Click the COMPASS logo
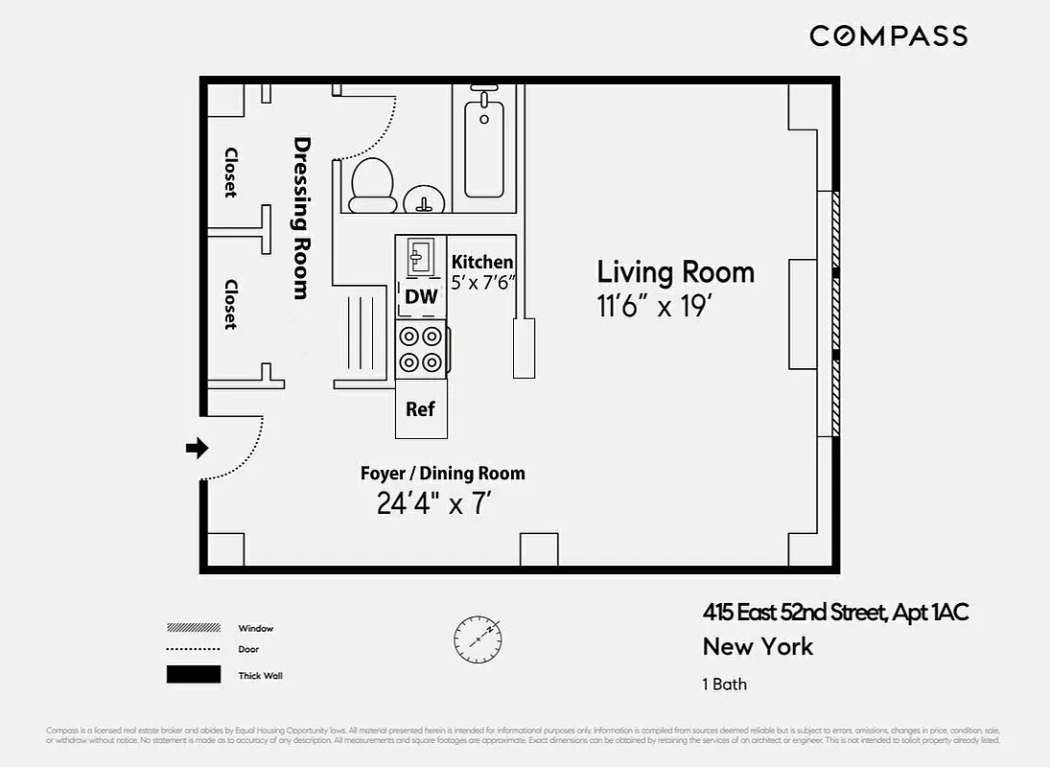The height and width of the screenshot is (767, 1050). coord(888,36)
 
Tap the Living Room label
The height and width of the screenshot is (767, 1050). coord(675,272)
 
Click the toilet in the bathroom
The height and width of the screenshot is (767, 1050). coord(372,183)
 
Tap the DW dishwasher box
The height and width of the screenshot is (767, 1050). coord(421,297)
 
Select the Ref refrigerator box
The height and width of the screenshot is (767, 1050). coord(420,409)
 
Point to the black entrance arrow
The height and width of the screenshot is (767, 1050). coord(197,448)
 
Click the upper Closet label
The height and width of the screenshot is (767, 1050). coord(231,173)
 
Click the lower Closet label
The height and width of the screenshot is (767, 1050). coord(231,305)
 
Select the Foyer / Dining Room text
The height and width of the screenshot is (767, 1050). coord(442,474)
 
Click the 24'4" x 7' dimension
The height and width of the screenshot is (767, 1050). coord(433,503)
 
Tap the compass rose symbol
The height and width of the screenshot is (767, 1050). coord(477,636)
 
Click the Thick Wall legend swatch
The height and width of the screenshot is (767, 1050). coord(194,675)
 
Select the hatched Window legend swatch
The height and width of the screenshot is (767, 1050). coord(194,628)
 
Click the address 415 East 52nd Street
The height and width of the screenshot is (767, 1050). coord(795,613)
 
